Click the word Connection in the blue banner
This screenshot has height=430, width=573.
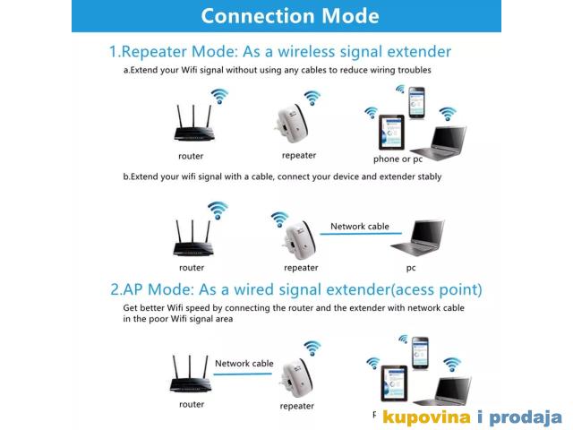click(258, 16)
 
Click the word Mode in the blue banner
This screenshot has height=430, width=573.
click(350, 16)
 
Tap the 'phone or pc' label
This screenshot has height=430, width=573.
click(398, 159)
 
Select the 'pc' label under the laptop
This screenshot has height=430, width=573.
click(411, 268)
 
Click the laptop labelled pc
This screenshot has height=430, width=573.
click(419, 237)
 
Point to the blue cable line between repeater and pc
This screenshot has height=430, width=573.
click(361, 233)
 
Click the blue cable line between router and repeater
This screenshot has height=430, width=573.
click(243, 374)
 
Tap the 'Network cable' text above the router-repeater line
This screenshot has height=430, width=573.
click(244, 364)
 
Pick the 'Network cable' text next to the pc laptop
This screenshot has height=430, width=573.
click(360, 227)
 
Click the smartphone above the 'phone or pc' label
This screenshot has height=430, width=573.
click(416, 103)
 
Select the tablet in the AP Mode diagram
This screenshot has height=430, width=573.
click(394, 383)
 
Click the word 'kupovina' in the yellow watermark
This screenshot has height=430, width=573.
click(426, 417)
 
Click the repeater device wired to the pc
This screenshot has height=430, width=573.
click(299, 239)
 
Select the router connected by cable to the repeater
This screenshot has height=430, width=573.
click(191, 374)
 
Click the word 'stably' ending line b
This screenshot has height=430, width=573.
click(430, 177)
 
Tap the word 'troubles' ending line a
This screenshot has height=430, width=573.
click(415, 70)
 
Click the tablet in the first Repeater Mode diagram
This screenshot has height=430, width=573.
click(391, 132)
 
